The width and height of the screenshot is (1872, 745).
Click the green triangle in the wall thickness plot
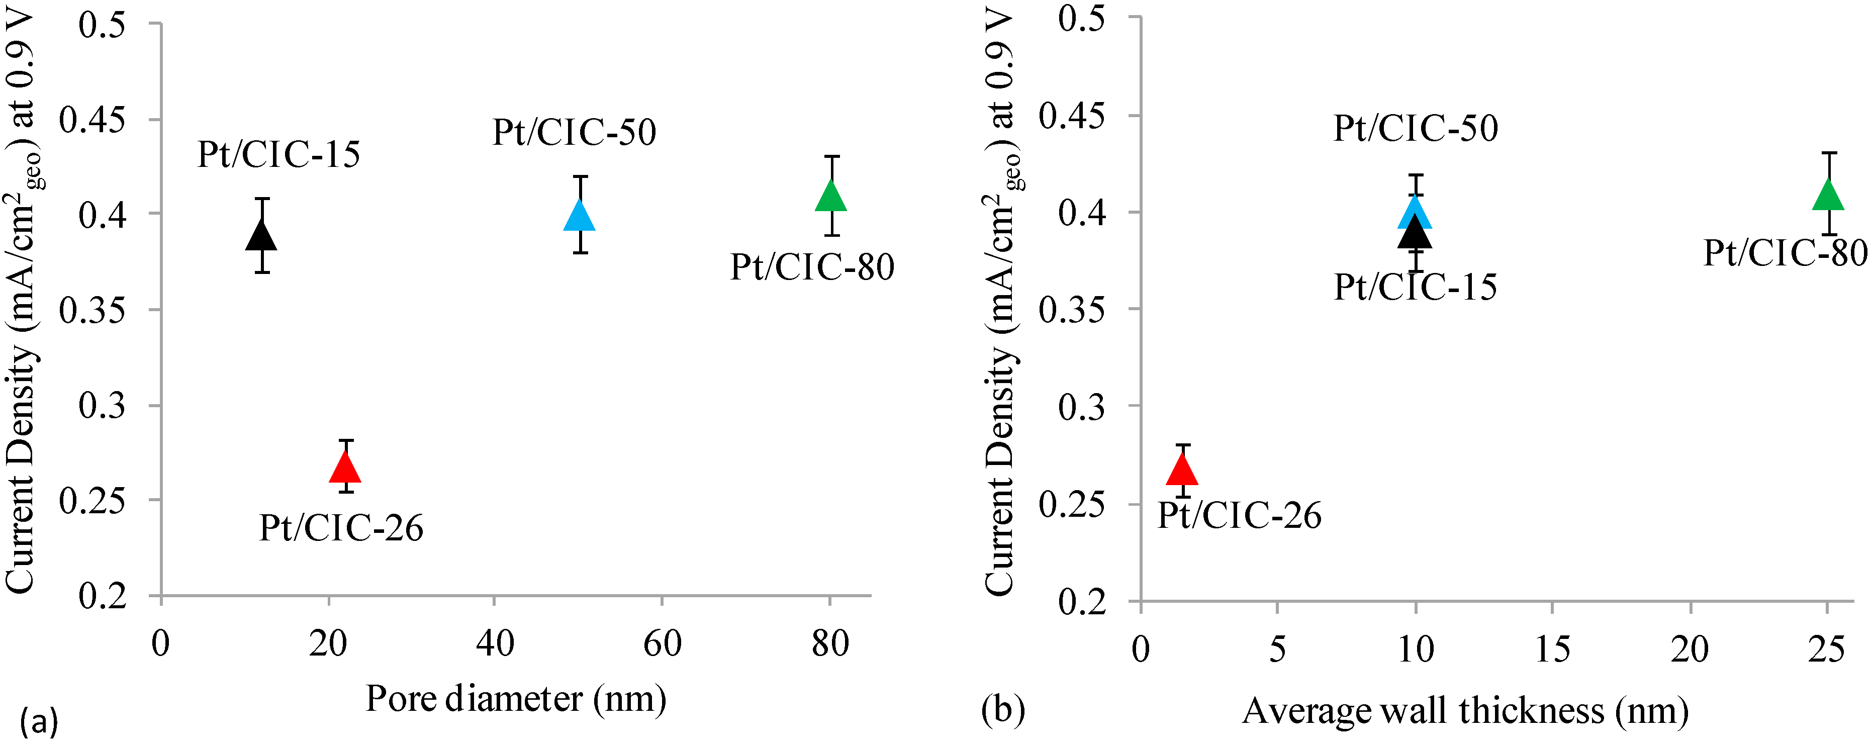[x=1828, y=196]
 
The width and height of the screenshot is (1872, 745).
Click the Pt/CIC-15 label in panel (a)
[x=278, y=155]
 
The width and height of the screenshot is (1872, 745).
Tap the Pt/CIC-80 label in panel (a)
[x=812, y=267]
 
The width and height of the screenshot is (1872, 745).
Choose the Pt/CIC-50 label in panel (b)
[x=1415, y=129]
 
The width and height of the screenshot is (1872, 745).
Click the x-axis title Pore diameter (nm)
[x=515, y=699]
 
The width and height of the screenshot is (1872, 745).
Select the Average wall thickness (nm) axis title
[x=1465, y=711]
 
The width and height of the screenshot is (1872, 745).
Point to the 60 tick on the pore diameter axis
[x=662, y=644]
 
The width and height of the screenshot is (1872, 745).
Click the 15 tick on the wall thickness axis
[x=1552, y=649]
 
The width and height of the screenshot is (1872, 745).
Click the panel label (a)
[x=39, y=722]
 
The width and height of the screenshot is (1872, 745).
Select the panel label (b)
[x=1003, y=709]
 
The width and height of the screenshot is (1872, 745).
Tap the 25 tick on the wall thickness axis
[x=1826, y=649]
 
